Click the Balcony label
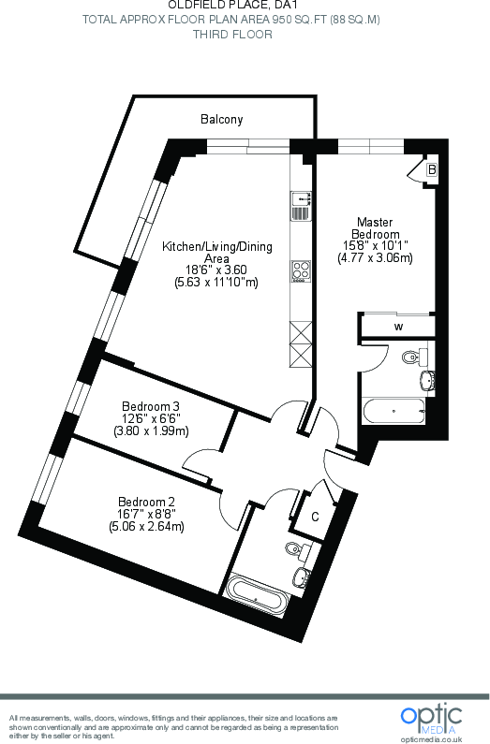(221, 119)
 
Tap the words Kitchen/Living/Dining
(217, 247)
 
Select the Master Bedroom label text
(375, 227)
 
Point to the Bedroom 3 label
(151, 406)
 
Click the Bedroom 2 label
(146, 501)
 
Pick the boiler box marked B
(431, 169)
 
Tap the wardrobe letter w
(398, 327)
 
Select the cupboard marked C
(316, 516)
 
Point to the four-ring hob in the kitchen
(301, 271)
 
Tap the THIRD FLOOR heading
(232, 35)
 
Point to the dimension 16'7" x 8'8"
(146, 513)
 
